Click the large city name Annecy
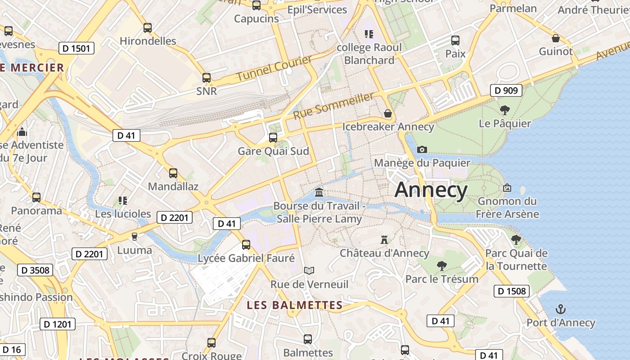(x=431, y=190)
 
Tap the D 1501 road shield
(x=76, y=48)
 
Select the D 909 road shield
(x=506, y=90)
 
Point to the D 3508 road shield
(x=35, y=270)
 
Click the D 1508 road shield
(x=511, y=291)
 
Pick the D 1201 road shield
(x=58, y=324)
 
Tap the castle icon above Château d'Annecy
(x=384, y=240)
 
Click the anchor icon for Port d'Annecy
(x=561, y=309)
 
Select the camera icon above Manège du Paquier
(x=422, y=149)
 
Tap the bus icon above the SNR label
(x=207, y=78)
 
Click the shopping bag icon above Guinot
(x=556, y=38)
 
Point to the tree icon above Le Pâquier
(x=505, y=110)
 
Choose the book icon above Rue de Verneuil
(x=309, y=270)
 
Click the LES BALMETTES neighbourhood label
(x=295, y=305)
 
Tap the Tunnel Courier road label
(x=274, y=68)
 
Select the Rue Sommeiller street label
(x=333, y=106)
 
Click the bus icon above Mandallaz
(x=173, y=173)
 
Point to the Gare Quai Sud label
(x=273, y=151)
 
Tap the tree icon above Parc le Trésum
(x=441, y=265)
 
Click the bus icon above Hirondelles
(x=148, y=28)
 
